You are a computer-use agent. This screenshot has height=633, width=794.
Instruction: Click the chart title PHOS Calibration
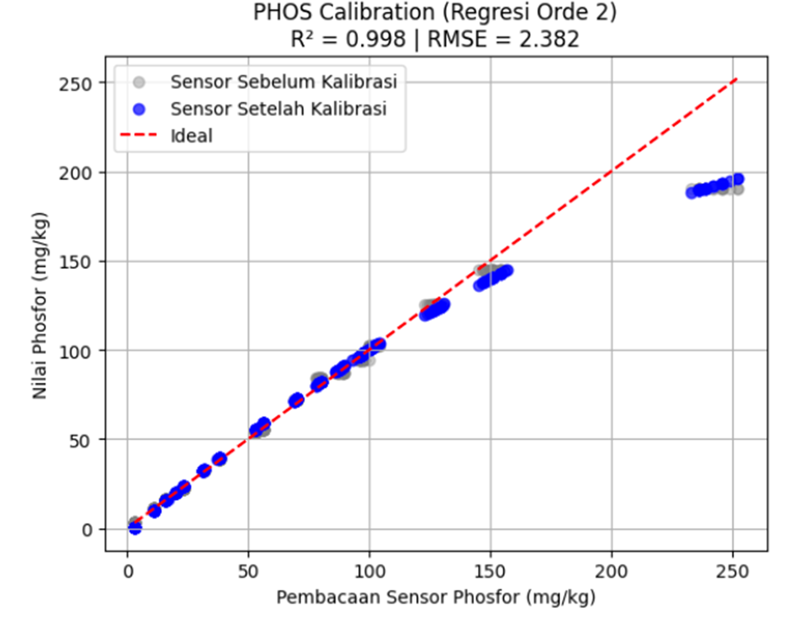click(435, 13)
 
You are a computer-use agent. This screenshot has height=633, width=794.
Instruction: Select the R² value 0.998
click(376, 39)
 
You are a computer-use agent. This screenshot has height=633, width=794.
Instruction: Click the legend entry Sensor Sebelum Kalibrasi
click(284, 82)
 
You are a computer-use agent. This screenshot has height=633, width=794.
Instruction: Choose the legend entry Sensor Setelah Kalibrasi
click(278, 109)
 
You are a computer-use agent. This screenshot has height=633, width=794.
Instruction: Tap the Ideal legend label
click(191, 136)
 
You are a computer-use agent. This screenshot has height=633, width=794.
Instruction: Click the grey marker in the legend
click(139, 82)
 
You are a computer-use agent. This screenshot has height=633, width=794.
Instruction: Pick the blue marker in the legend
click(139, 109)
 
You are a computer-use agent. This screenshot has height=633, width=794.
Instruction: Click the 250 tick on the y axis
click(75, 84)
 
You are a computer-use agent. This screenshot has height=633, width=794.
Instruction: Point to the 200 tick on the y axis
click(75, 173)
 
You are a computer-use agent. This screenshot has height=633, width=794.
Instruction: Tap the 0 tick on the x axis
click(128, 572)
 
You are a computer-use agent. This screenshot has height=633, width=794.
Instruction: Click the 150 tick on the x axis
click(490, 572)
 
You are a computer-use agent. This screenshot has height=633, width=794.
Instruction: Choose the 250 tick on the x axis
click(732, 572)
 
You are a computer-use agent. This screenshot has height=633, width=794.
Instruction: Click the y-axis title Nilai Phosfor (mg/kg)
click(40, 306)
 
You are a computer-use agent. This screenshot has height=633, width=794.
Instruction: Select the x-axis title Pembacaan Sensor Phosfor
click(436, 597)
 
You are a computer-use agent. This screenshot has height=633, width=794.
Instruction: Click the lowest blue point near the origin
click(135, 528)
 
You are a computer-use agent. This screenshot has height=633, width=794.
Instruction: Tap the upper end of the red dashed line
click(737, 79)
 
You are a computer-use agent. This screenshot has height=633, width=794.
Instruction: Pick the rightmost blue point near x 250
click(738, 179)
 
